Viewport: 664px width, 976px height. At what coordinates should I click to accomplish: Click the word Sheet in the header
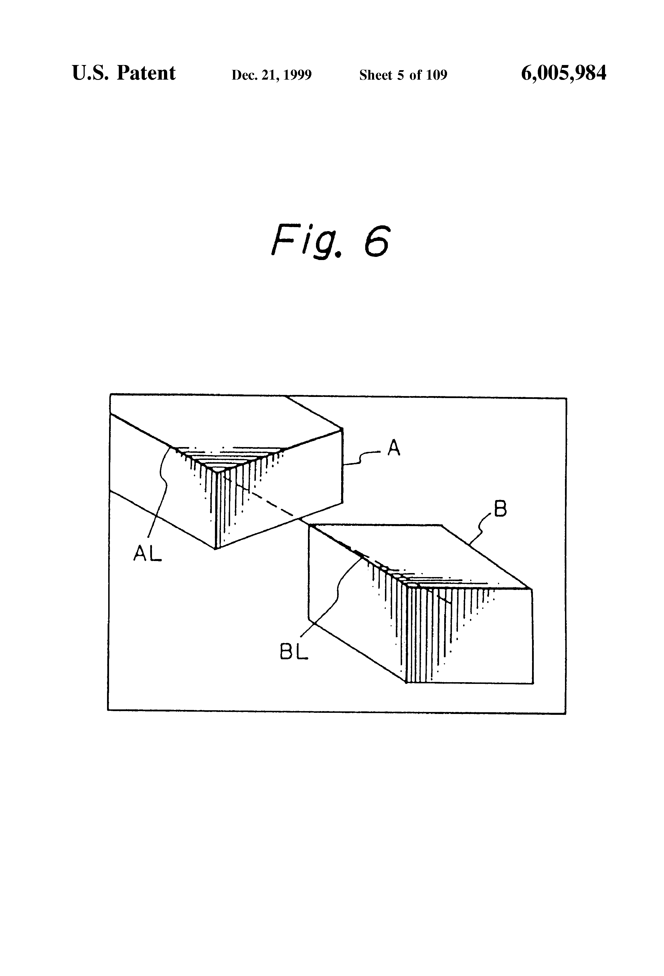click(376, 75)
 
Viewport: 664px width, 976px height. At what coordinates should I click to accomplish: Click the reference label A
click(393, 448)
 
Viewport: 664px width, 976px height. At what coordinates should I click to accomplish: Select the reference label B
click(500, 509)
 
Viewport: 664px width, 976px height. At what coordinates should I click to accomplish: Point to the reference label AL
click(147, 554)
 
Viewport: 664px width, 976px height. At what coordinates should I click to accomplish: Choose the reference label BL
click(294, 652)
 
